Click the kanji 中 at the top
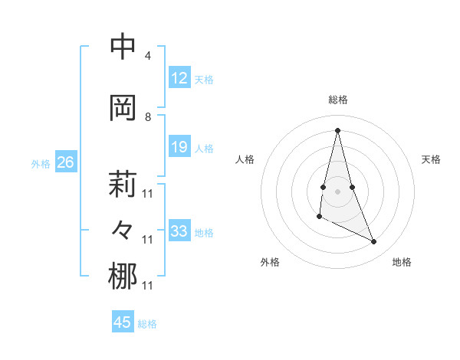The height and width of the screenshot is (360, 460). (x=123, y=47)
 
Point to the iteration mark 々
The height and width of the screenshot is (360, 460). (x=123, y=229)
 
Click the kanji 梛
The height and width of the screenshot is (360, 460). (x=123, y=276)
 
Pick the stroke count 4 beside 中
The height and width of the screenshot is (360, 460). (x=148, y=56)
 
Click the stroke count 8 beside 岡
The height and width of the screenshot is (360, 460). (x=148, y=117)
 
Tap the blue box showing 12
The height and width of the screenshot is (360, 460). (x=179, y=78)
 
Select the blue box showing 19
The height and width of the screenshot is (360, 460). (x=179, y=147)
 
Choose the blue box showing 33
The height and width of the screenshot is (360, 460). (x=179, y=231)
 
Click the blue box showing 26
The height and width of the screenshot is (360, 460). (x=65, y=162)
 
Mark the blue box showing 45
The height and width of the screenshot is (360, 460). (x=123, y=322)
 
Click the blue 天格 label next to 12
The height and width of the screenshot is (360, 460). (x=204, y=79)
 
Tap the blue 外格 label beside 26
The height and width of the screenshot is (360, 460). (x=41, y=163)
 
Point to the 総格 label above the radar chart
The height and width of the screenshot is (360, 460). (x=337, y=100)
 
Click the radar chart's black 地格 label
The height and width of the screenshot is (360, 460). (x=402, y=262)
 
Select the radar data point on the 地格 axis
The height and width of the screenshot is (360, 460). (x=374, y=242)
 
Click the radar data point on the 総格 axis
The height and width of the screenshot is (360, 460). (x=337, y=129)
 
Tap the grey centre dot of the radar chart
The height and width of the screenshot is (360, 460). (x=337, y=190)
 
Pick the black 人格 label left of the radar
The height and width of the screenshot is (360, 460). (x=245, y=159)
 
